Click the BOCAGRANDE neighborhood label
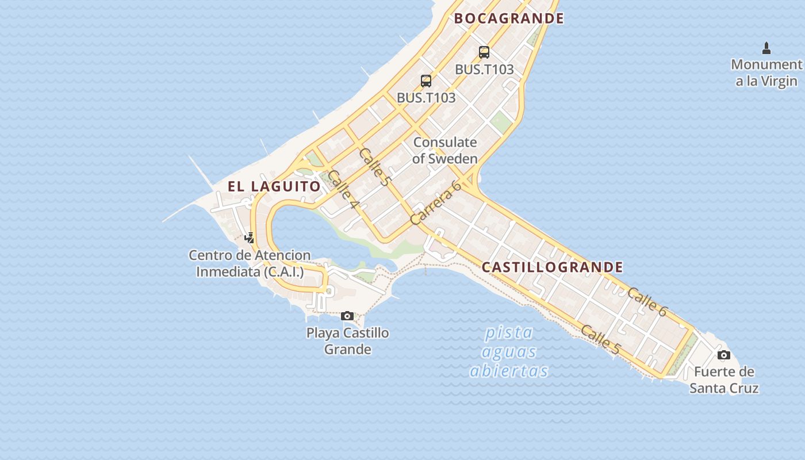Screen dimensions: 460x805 (509, 18)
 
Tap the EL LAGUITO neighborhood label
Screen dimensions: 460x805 (274, 186)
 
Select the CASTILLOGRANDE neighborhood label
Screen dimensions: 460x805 (552, 267)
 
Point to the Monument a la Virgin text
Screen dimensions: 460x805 (766, 72)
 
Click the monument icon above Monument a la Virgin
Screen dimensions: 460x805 (766, 48)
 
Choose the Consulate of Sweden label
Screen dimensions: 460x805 (445, 150)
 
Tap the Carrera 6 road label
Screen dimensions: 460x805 (436, 202)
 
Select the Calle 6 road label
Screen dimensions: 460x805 (647, 302)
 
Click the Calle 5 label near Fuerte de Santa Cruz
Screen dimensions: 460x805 (600, 340)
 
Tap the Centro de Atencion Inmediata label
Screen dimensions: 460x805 (250, 263)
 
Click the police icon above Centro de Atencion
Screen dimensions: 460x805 (250, 237)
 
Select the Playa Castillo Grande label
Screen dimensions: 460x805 (347, 341)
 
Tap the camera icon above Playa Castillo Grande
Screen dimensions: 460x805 (347, 316)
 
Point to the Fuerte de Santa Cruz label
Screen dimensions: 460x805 (724, 379)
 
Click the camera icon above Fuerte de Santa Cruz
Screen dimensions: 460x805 (724, 355)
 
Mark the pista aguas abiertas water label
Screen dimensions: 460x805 (509, 351)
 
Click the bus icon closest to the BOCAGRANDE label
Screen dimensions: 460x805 (484, 52)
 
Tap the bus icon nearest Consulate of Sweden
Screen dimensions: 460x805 (426, 80)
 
